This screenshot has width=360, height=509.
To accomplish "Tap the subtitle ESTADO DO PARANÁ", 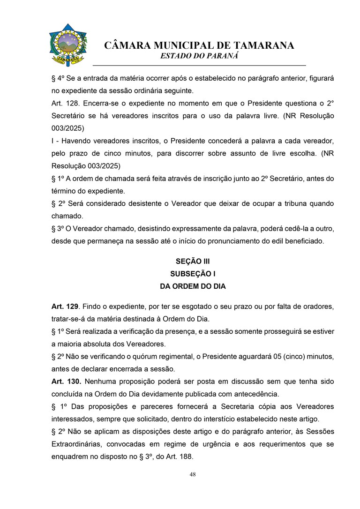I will (x=199, y=56).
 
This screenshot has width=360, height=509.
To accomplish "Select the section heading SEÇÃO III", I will (x=193, y=262).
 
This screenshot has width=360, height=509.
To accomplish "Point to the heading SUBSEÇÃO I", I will (x=193, y=274).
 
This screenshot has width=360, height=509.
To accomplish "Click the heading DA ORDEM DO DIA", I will (x=193, y=286).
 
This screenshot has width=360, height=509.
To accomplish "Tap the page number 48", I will (x=193, y=474).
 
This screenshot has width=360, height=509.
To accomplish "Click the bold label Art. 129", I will (x=64, y=307).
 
